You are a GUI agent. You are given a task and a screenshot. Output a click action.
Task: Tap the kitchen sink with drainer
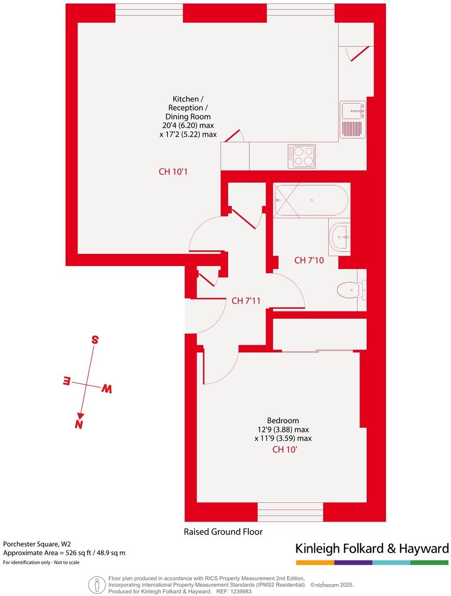[x=353, y=120]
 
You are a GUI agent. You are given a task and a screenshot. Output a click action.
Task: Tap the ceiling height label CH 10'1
[x=172, y=172]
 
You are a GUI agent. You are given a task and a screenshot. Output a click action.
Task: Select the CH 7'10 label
[x=309, y=260]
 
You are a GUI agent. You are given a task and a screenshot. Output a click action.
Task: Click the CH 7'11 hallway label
[x=246, y=301]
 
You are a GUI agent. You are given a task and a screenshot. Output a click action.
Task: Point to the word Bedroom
[x=282, y=420]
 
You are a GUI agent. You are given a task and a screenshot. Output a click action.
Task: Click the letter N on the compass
[x=79, y=424]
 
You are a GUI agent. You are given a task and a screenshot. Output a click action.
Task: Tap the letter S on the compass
[x=95, y=340]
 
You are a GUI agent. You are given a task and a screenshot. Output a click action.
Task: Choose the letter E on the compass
[x=66, y=381]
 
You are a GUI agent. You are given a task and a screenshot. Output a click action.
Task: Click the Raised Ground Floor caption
[x=223, y=531]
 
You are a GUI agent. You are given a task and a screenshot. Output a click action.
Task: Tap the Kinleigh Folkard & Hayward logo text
[x=371, y=548]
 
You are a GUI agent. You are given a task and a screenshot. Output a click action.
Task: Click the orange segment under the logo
[x=314, y=562]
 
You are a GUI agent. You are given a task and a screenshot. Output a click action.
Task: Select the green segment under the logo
[x=429, y=562]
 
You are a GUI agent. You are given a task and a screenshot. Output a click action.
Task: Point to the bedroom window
[x=290, y=512]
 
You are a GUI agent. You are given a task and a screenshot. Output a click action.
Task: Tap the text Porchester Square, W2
[x=37, y=544]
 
